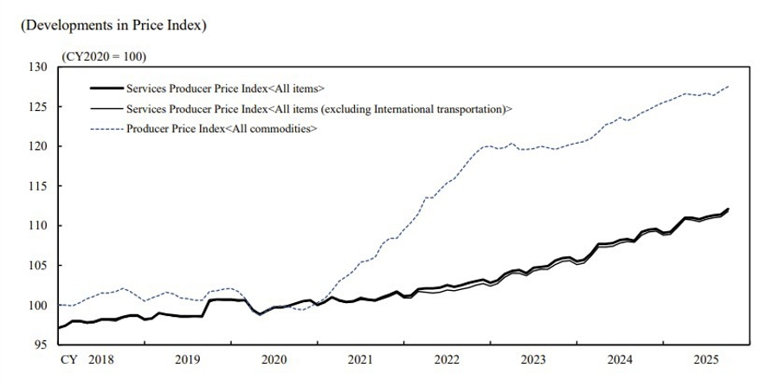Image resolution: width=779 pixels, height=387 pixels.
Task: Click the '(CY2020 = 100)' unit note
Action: click(x=104, y=56)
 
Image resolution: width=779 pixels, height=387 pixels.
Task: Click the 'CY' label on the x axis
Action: click(x=68, y=358)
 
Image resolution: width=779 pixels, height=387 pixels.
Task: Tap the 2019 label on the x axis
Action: click(x=187, y=358)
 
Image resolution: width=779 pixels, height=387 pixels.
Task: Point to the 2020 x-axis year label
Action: click(x=274, y=358)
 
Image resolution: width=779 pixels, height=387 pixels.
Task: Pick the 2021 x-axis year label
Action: click(x=360, y=358)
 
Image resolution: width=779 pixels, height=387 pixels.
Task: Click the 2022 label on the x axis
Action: click(x=447, y=358)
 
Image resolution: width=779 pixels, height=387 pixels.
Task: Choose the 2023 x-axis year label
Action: click(x=533, y=358)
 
